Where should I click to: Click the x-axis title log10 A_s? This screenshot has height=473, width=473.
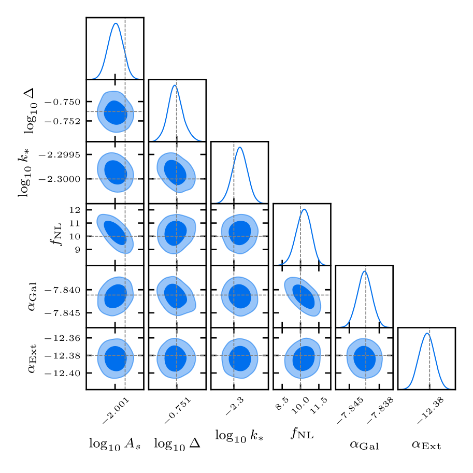tap(114, 443)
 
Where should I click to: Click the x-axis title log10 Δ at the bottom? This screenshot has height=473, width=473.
tap(177, 443)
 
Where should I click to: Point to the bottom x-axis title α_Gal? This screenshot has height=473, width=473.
tap(364, 443)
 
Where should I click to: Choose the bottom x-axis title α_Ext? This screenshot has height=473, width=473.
tap(426, 443)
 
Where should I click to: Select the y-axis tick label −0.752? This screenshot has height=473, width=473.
tap(68, 121)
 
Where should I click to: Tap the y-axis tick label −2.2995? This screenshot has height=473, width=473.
tap(66, 155)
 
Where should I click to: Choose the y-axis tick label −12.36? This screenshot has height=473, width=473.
tap(68, 338)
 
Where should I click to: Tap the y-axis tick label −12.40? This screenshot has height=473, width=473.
tap(68, 373)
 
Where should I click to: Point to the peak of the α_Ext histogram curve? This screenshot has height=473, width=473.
tap(427, 333)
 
